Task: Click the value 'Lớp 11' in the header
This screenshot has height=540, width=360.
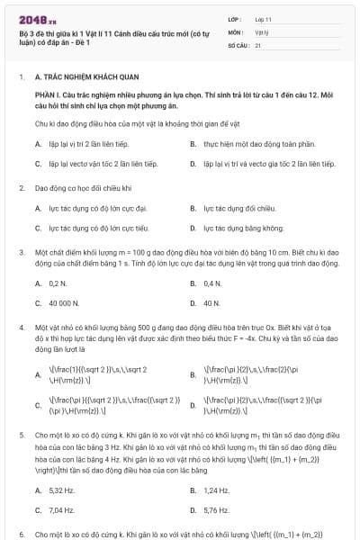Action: [263, 18]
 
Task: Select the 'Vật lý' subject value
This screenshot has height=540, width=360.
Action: [262, 31]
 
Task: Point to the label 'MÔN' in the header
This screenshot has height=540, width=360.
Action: [236, 31]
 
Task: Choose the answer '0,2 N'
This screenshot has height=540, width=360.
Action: [57, 283]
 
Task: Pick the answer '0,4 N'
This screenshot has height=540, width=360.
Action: [212, 283]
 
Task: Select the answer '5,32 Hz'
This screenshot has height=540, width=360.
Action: [61, 490]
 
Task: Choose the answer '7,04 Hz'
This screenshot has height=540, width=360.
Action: [61, 510]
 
